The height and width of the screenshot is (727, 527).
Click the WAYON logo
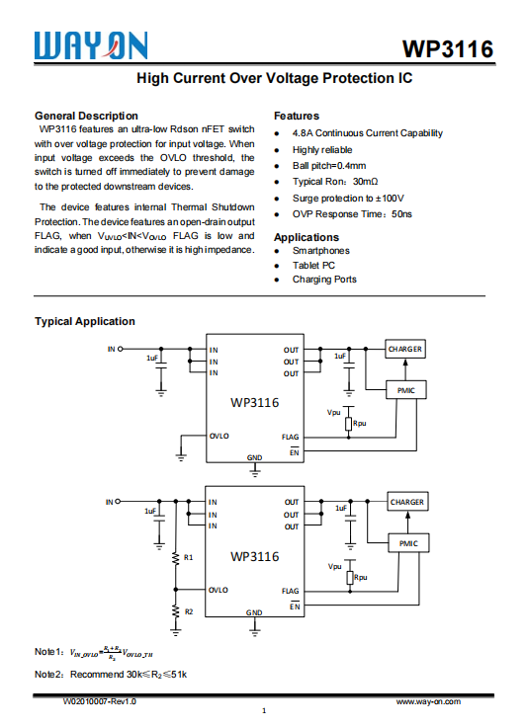91,44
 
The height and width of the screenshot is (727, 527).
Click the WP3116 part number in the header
448,49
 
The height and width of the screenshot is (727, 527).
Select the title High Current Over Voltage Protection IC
274,78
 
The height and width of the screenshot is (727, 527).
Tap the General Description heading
86,116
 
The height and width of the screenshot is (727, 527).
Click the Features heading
297,116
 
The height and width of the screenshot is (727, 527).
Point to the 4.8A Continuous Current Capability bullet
367,133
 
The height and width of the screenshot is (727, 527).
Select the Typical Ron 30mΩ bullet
335,182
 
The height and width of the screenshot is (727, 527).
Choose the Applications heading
307,237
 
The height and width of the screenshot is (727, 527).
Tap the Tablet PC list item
313,265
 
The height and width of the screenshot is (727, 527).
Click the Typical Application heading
85,321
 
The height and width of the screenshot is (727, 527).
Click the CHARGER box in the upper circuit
405,350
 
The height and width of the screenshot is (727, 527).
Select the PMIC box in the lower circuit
408,544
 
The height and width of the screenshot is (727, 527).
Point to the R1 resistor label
189,557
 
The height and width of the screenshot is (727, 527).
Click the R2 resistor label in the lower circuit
189,611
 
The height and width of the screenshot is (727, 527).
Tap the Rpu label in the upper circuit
360,423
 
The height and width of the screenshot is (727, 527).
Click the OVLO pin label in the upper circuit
219,436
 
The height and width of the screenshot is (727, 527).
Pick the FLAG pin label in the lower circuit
291,590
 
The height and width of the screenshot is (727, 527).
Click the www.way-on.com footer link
430,700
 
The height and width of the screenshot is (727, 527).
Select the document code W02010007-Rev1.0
99,700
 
